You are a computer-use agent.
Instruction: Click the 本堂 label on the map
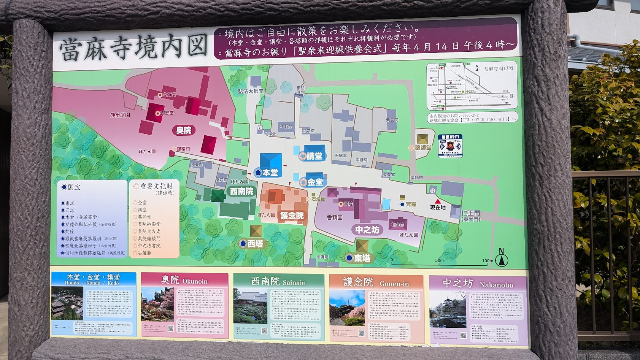(270, 173)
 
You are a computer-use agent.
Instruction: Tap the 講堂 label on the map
(314, 156)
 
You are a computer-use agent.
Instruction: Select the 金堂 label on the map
(315, 182)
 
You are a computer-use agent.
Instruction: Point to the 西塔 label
(255, 244)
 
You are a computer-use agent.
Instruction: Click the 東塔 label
(362, 258)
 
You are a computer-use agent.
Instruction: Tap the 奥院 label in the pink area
(184, 130)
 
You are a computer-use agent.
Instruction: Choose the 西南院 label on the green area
(241, 191)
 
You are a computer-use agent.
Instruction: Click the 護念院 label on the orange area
(292, 216)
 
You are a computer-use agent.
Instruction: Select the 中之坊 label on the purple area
(367, 230)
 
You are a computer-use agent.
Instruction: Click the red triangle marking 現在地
(437, 201)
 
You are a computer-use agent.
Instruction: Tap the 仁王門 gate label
(470, 213)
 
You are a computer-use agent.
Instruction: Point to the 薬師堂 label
(423, 147)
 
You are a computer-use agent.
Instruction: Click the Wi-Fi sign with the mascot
(450, 146)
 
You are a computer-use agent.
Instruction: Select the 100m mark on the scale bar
(487, 261)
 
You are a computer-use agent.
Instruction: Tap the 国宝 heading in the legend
(74, 187)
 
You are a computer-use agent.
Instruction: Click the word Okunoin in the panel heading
(195, 282)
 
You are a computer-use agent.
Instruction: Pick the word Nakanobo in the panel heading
(496, 285)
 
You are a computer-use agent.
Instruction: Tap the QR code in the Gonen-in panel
(361, 333)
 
